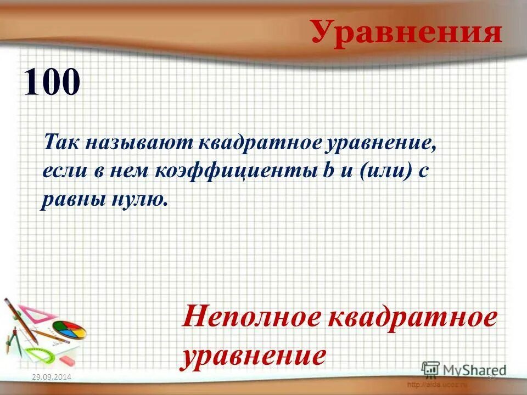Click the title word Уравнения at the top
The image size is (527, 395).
click(x=407, y=32)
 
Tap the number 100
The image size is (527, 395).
click(x=52, y=82)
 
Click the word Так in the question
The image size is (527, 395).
click(x=60, y=144)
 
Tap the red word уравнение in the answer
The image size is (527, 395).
click(x=254, y=356)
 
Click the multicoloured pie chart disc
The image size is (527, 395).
click(x=69, y=331)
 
